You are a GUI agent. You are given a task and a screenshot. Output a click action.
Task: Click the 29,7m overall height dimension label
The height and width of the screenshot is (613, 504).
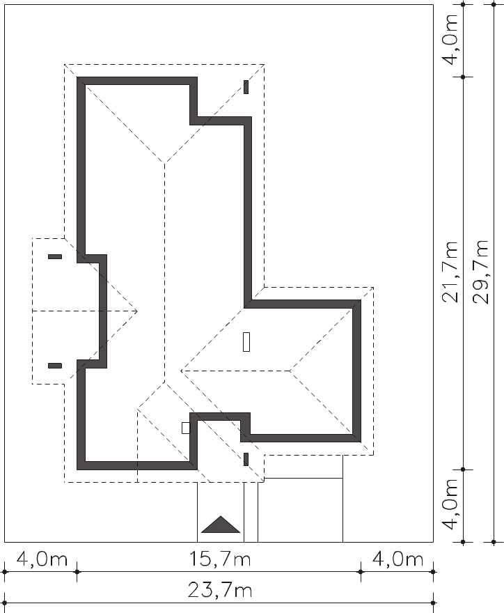(480, 272)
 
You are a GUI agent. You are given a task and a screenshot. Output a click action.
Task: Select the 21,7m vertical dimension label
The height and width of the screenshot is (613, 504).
(450, 272)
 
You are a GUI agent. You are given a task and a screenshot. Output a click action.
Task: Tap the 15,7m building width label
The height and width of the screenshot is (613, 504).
(219, 559)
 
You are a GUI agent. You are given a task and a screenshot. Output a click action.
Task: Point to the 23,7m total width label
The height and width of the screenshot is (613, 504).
(219, 590)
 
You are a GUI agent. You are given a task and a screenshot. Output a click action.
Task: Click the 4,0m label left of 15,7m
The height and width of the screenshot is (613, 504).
(42, 559)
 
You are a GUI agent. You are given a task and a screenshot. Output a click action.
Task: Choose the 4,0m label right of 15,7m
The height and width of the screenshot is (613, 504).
(397, 559)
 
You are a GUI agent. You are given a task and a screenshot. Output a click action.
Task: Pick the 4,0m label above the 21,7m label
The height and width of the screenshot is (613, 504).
(450, 39)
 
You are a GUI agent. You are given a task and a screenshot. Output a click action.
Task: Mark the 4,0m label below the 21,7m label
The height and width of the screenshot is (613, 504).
(450, 504)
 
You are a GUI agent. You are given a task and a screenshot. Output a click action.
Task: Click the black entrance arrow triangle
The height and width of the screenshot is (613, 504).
(221, 525)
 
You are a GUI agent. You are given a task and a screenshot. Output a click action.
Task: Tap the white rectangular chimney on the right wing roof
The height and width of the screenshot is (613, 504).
(246, 342)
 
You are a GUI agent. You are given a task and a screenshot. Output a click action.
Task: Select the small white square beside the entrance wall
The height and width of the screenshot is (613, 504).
(186, 428)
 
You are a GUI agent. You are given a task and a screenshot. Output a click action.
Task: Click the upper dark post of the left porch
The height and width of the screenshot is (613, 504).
(55, 256)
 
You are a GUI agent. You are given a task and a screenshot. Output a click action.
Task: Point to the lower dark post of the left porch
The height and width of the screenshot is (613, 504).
(55, 366)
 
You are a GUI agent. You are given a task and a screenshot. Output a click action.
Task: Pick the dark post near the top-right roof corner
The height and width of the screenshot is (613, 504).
(246, 87)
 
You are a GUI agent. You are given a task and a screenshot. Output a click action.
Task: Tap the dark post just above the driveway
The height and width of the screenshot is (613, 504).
(246, 459)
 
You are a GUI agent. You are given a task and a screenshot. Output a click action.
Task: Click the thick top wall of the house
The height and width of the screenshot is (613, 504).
(136, 81)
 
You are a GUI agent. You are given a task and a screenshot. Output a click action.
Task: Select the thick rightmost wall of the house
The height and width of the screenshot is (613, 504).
(356, 371)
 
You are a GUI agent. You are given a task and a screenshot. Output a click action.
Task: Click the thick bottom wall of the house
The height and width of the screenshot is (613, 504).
(136, 465)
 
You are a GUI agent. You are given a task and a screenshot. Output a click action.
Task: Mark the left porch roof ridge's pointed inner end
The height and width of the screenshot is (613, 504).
(137, 311)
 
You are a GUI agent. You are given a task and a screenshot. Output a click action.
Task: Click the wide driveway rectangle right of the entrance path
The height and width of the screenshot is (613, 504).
(300, 510)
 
